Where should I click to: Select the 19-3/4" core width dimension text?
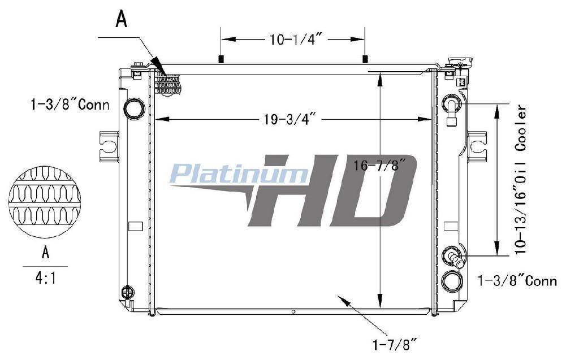[x=289, y=119]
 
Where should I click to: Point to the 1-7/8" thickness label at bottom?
[x=394, y=345]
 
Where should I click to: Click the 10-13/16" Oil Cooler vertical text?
[x=521, y=180]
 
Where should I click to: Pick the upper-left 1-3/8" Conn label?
[x=70, y=105]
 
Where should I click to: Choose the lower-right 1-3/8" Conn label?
[x=517, y=281]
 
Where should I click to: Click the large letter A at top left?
[x=122, y=19]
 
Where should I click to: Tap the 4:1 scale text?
[x=46, y=277]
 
